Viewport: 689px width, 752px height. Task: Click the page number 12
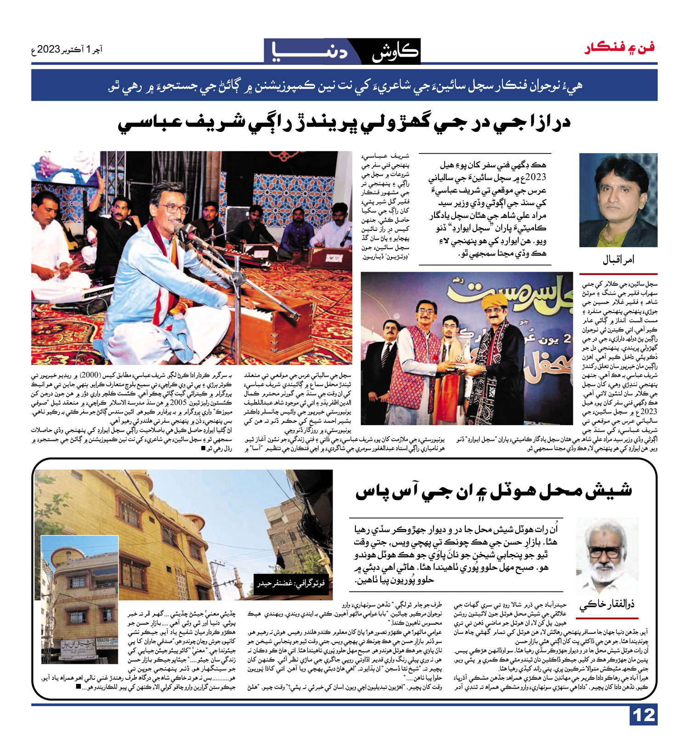tap(644, 715)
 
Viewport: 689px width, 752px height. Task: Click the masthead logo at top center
tap(342, 51)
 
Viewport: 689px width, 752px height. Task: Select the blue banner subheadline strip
tap(344, 85)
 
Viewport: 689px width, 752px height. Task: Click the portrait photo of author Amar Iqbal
tap(618, 200)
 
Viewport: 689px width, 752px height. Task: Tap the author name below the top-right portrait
tap(618, 260)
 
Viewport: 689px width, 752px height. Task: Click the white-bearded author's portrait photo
tap(607, 557)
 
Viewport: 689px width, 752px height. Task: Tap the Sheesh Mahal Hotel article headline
tap(493, 491)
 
